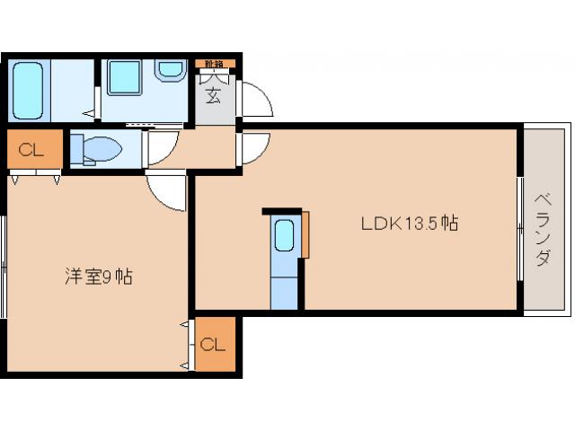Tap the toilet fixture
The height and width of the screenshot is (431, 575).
95,149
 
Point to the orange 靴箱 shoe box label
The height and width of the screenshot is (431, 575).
215,64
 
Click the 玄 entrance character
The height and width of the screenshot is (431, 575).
214,94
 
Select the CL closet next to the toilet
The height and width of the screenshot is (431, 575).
32,150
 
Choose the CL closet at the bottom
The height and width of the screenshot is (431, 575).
213,344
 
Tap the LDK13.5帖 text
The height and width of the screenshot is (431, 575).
410,224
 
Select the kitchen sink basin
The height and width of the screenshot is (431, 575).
284,236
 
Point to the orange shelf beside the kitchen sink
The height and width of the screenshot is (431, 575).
305,235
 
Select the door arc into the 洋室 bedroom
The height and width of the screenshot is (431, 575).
166,190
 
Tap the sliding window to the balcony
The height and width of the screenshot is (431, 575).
520,229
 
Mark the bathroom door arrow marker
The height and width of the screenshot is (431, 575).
90,114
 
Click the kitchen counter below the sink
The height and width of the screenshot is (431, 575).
284,290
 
